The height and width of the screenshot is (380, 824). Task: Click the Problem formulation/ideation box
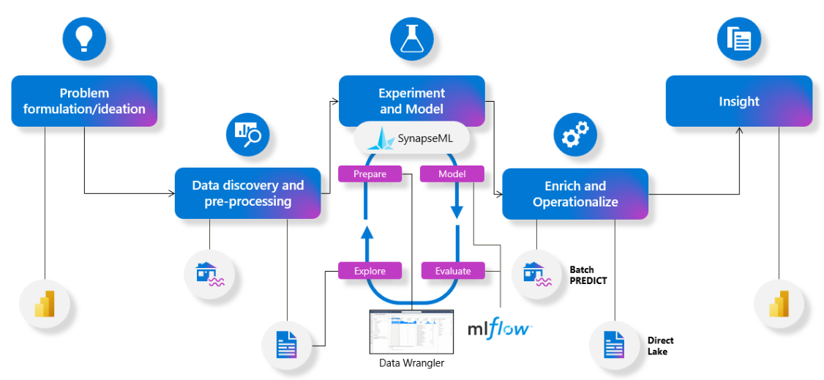pyautogui.click(x=84, y=101)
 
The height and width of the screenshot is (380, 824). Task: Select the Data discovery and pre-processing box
pyautogui.click(x=247, y=193)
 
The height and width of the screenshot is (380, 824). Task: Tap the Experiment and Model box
pyautogui.click(x=411, y=101)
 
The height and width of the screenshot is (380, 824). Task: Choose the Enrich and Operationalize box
pyautogui.click(x=575, y=193)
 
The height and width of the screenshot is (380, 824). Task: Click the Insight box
pyautogui.click(x=738, y=101)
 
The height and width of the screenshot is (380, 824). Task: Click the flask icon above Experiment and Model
pyautogui.click(x=412, y=38)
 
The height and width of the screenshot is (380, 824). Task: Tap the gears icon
pyautogui.click(x=575, y=134)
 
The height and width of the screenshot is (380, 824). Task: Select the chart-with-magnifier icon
pyautogui.click(x=247, y=133)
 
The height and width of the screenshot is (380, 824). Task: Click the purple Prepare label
pyautogui.click(x=371, y=174)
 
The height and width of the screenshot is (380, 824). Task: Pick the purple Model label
pyautogui.click(x=453, y=174)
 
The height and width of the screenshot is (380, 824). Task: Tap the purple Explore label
pyautogui.click(x=370, y=270)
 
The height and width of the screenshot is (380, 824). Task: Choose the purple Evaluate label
pyautogui.click(x=453, y=270)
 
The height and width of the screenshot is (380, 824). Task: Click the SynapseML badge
pyautogui.click(x=411, y=137)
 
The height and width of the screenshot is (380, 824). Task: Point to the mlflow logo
pyautogui.click(x=499, y=327)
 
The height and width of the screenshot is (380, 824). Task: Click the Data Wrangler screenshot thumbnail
pyautogui.click(x=411, y=331)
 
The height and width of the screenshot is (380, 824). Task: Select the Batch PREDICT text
pyautogui.click(x=588, y=275)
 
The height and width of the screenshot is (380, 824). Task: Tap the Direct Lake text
pyautogui.click(x=660, y=346)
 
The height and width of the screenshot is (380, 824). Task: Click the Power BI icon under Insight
pyautogui.click(x=779, y=303)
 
